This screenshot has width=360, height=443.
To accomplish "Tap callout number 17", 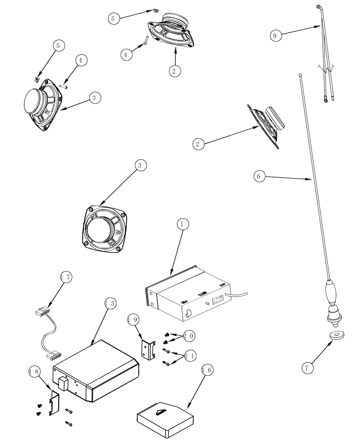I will [66, 278].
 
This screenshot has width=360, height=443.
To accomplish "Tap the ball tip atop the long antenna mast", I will [300, 76].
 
